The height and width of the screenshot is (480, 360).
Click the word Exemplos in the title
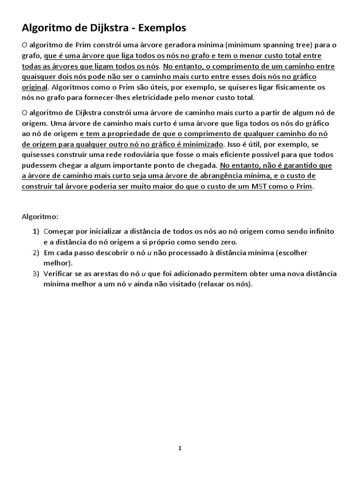[162, 28]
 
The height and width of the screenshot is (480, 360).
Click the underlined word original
[35, 87]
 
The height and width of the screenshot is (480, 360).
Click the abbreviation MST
[266, 186]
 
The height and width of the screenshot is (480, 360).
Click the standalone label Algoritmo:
[41, 217]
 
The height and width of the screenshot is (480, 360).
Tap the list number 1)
[36, 232]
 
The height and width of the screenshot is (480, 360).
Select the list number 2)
[36, 253]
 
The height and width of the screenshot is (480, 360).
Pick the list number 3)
[36, 274]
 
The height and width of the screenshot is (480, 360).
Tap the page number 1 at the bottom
[180, 448]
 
